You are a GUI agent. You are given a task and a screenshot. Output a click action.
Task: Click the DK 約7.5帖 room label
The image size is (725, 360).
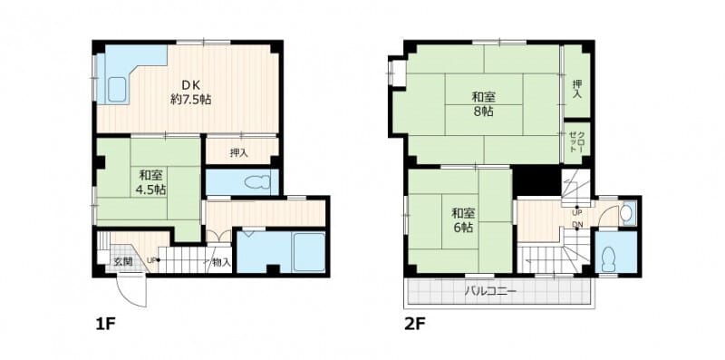pos(190,92)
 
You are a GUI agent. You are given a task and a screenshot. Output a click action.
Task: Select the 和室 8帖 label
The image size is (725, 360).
pos(484,104)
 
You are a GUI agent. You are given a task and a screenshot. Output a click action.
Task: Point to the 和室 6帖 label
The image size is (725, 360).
pos(463,220)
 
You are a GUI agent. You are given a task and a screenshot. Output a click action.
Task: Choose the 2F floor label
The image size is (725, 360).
pos(414,324)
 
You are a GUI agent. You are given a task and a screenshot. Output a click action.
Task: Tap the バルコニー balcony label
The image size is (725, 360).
pos(490,292)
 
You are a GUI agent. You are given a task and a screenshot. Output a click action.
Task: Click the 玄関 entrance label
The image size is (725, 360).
pos(123,261)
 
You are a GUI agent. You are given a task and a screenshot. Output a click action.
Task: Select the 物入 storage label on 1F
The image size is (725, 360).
pos(222,262)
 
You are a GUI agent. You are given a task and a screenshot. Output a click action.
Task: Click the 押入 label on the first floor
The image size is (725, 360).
pos(239,152)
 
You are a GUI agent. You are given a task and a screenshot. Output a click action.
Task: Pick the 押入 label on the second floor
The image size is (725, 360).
pos(577,88)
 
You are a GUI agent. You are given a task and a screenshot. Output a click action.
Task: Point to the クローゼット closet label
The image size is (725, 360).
pos(576,142)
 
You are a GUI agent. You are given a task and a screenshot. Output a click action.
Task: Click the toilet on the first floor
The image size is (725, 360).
pos(257,183)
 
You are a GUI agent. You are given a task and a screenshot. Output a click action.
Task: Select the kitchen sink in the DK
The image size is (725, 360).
pos(118,90)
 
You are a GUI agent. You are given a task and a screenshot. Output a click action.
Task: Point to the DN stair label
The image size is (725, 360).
pos(577,224)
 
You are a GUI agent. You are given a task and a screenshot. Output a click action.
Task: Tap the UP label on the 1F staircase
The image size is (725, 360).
pos(151,260)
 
